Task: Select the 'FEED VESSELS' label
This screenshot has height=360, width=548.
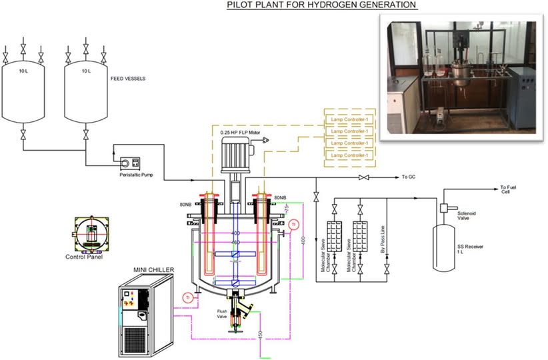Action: (x=127, y=78)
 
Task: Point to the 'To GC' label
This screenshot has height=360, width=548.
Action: (x=409, y=177)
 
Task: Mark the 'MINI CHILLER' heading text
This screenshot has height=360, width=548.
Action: (x=153, y=269)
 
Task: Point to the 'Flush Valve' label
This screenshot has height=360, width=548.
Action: (x=223, y=314)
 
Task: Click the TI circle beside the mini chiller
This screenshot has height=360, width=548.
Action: (x=189, y=297)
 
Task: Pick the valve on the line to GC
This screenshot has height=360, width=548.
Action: (x=364, y=177)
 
